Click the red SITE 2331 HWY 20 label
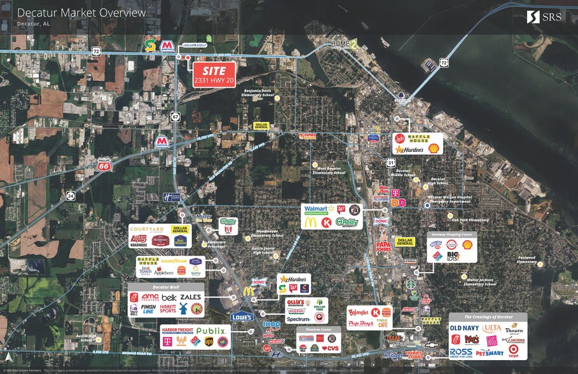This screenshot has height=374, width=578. point(214,75)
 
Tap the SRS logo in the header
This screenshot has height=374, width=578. point(544,17)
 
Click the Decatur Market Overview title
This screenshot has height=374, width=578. point(81,13)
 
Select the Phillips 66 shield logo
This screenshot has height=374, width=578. point(105,165)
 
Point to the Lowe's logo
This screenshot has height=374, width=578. point(242,316)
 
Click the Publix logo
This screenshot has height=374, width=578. point(211,331)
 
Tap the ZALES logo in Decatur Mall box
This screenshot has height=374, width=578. point(190,297)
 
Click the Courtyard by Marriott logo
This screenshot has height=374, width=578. point(148,230)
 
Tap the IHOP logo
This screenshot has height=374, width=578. point(272,325)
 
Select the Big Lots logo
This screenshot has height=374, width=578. point(453,256)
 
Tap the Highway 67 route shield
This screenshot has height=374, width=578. point(175,117)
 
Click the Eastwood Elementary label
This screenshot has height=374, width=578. point(526,260)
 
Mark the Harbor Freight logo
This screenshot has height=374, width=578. point(178,331)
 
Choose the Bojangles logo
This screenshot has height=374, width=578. point(359,312)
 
